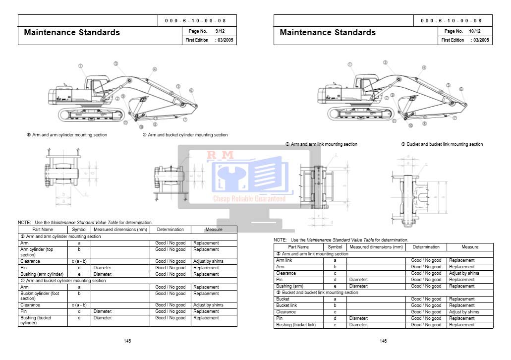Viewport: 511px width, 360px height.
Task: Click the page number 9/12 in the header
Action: (x=220, y=31)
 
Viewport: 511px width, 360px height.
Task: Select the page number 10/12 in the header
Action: (x=475, y=31)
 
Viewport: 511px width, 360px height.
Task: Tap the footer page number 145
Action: (x=127, y=341)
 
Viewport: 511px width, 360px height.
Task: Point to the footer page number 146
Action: (x=383, y=341)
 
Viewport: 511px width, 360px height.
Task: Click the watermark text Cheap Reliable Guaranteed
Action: (x=249, y=199)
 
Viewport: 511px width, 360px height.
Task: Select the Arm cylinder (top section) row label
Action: (x=37, y=252)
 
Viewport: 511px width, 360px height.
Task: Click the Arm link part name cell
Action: (x=284, y=260)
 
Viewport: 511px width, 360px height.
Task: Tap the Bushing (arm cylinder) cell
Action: (x=42, y=274)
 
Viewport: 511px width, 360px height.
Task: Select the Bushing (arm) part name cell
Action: (x=289, y=286)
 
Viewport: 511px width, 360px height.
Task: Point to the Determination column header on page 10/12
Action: (x=426, y=247)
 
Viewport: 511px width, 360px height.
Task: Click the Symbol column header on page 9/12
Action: (x=79, y=230)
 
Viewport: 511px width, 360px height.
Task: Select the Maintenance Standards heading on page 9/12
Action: (x=72, y=33)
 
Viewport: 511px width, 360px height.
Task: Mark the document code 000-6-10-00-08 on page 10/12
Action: (x=451, y=21)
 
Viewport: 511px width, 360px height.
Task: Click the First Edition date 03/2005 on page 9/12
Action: (x=225, y=40)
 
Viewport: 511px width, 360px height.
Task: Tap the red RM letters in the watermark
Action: (x=220, y=156)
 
